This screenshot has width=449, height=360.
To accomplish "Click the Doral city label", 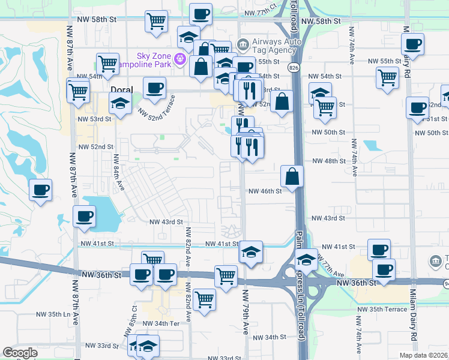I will click(122, 89).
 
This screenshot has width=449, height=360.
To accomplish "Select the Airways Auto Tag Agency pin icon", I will click(243, 44).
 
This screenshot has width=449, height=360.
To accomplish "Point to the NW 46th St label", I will click(265, 191).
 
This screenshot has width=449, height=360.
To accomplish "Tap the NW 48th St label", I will click(328, 161).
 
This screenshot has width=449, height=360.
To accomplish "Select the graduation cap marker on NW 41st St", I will click(251, 252).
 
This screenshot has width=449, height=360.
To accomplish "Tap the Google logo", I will click(19, 353).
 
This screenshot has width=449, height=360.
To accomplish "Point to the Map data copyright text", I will click(423, 355).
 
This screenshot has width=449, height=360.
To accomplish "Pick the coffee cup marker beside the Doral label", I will click(154, 88).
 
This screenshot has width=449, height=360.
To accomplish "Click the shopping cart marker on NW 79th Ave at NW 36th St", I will click(226, 277).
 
